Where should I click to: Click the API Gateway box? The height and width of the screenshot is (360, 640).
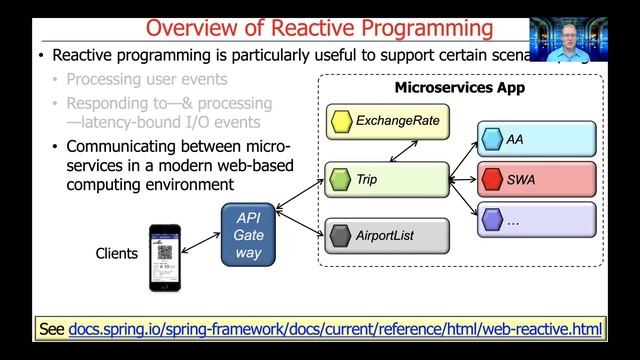point(247,235)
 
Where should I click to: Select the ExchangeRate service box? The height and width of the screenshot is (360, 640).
point(387,123)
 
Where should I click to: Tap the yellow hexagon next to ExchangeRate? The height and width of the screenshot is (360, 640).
point(341,123)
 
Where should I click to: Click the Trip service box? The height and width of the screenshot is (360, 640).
point(387,180)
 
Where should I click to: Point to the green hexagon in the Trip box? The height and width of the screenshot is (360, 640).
point(341,180)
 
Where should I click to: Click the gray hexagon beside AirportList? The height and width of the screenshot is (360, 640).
point(341,236)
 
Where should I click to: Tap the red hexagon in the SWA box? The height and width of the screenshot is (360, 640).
point(490,180)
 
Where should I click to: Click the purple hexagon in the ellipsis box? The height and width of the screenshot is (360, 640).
point(490,220)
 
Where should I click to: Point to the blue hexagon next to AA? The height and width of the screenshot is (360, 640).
point(490,139)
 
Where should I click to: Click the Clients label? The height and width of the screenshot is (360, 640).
point(116,253)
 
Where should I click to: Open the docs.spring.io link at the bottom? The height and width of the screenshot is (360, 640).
point(335,329)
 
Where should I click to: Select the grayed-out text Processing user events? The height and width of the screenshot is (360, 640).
point(147,79)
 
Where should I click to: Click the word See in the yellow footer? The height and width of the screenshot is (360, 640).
point(52,329)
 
